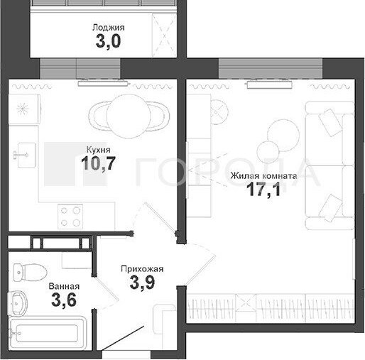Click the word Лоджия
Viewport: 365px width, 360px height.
(x=109, y=28)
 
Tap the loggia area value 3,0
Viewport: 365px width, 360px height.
(x=109, y=42)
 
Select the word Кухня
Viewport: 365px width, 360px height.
(x=99, y=150)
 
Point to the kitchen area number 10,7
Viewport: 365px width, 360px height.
(x=98, y=163)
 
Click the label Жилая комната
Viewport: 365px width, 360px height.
(x=263, y=176)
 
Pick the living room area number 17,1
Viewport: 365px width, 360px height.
(x=263, y=190)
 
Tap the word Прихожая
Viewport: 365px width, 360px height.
(x=142, y=269)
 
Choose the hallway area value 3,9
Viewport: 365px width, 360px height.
(x=142, y=283)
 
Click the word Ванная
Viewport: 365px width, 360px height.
(x=64, y=286)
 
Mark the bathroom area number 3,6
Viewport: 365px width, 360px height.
(x=64, y=300)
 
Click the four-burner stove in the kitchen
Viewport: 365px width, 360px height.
(x=70, y=217)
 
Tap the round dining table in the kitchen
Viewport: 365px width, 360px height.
(x=128, y=116)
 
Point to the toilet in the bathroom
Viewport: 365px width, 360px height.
(x=30, y=272)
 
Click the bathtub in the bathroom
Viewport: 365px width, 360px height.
(x=47, y=333)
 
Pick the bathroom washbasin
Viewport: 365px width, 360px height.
(x=18, y=302)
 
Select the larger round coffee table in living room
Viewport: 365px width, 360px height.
(x=283, y=136)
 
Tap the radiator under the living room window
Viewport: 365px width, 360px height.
(x=270, y=84)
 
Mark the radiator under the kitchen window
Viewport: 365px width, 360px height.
(x=104, y=83)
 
